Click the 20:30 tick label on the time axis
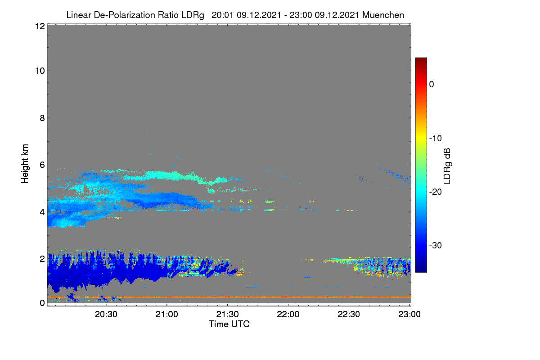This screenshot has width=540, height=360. point(106,315)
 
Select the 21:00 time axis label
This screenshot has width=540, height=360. point(166,315)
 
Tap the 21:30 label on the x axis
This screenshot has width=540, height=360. point(227,315)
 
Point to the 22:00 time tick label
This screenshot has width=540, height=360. point(288,315)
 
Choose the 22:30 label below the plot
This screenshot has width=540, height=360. point(349,315)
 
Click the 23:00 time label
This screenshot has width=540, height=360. point(409,315)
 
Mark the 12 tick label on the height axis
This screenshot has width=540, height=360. point(40,26)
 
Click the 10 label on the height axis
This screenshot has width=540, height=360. point(40,71)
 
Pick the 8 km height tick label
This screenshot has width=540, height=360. point(42,118)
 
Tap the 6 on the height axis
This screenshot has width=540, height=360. point(42,165)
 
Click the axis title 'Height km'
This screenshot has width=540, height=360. point(25,164)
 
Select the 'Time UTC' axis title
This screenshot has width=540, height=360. point(229,324)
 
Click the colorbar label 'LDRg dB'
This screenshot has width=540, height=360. point(447,166)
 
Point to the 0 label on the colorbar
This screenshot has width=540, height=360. point(432,85)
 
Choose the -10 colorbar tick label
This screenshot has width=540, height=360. point(436,139)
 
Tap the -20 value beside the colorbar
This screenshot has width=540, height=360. point(436,192)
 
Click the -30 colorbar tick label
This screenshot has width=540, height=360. point(436,245)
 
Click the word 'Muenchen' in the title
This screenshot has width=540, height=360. point(383,15)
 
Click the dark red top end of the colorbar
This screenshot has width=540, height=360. point(421,58)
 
